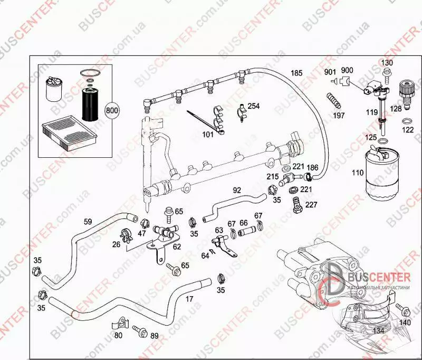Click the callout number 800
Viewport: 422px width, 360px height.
click(x=112, y=111)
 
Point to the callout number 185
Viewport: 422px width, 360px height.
click(x=296, y=73)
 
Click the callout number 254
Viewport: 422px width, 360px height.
click(x=254, y=106)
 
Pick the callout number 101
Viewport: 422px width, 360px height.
click(x=208, y=135)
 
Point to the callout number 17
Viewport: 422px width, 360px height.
click(x=189, y=299)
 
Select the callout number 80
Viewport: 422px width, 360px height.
click(x=118, y=335)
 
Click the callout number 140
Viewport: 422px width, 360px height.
click(x=405, y=322)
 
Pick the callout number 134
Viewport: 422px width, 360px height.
click(x=378, y=331)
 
